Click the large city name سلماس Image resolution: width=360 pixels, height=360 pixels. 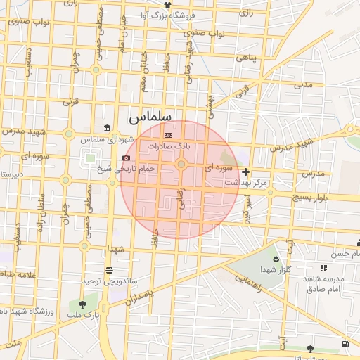[150, 117]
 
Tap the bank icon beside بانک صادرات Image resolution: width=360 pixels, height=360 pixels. [168, 134]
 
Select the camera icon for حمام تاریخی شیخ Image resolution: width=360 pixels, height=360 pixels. [126, 157]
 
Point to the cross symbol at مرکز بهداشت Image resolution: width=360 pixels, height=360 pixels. [245, 172]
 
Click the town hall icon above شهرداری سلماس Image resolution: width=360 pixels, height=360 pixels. [106, 128]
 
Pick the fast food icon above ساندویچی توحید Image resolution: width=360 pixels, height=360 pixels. [109, 270]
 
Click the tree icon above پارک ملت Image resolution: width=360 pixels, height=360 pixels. [84, 305]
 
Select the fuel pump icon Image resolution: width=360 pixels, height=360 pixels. [345, 344]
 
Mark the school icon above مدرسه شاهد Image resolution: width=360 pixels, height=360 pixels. [323, 268]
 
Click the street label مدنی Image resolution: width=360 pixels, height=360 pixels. [303, 84]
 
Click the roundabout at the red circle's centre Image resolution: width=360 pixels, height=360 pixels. [181, 165]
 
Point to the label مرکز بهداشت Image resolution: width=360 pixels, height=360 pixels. [246, 182]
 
